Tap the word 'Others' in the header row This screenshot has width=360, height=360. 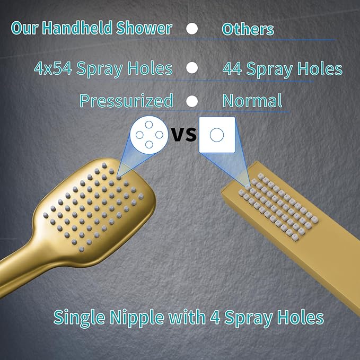248,29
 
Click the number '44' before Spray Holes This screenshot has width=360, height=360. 233,69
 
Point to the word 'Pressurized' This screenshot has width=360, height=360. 126,100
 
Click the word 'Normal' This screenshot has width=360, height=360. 252,100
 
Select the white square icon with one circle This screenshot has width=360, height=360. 217,135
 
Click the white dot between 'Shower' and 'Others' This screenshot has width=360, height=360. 192,29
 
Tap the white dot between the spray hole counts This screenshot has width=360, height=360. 192,68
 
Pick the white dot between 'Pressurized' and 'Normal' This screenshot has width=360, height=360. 192,101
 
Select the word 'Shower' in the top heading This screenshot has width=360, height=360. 147,28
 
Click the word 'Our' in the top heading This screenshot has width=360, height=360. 24,28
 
